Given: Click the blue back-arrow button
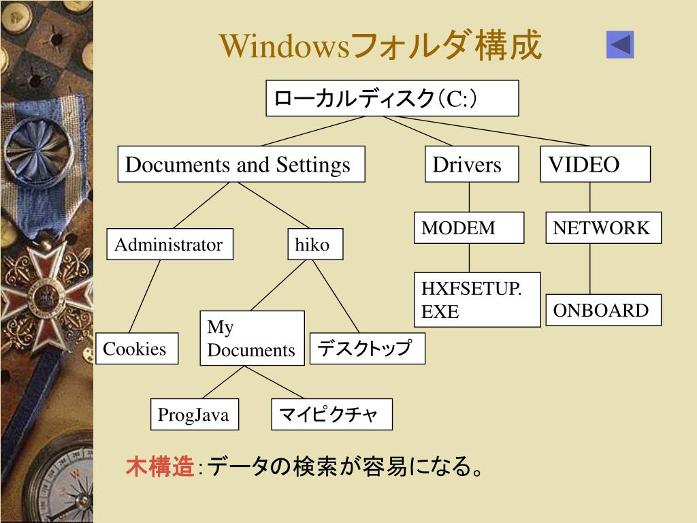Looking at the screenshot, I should [620, 44].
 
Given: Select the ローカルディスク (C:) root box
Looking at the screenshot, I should [392, 98].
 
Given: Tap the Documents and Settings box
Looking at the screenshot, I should [241, 164].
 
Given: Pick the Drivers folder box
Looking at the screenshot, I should [471, 164].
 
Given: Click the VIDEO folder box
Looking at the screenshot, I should [595, 164].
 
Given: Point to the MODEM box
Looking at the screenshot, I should [470, 227].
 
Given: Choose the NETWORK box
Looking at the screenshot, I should [604, 227].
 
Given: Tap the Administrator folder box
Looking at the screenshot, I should [169, 244].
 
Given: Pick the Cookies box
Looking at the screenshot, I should [136, 349].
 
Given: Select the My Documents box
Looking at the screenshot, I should [252, 338].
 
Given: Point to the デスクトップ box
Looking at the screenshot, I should [368, 349].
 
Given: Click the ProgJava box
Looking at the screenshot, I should [195, 414].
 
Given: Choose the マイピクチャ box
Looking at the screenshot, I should [331, 414].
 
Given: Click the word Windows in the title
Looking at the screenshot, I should [285, 46].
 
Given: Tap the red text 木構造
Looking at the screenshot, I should [159, 467].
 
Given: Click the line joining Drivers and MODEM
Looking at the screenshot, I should [469, 197].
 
